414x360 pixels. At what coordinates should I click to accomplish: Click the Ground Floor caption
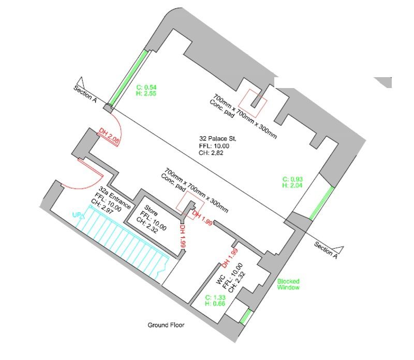(x=166, y=325)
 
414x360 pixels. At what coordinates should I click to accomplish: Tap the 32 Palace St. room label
(x=218, y=139)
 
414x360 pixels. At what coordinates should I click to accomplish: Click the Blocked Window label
(x=288, y=284)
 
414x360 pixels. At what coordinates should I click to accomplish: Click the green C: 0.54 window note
(x=146, y=87)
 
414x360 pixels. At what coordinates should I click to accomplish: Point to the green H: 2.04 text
(x=292, y=185)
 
